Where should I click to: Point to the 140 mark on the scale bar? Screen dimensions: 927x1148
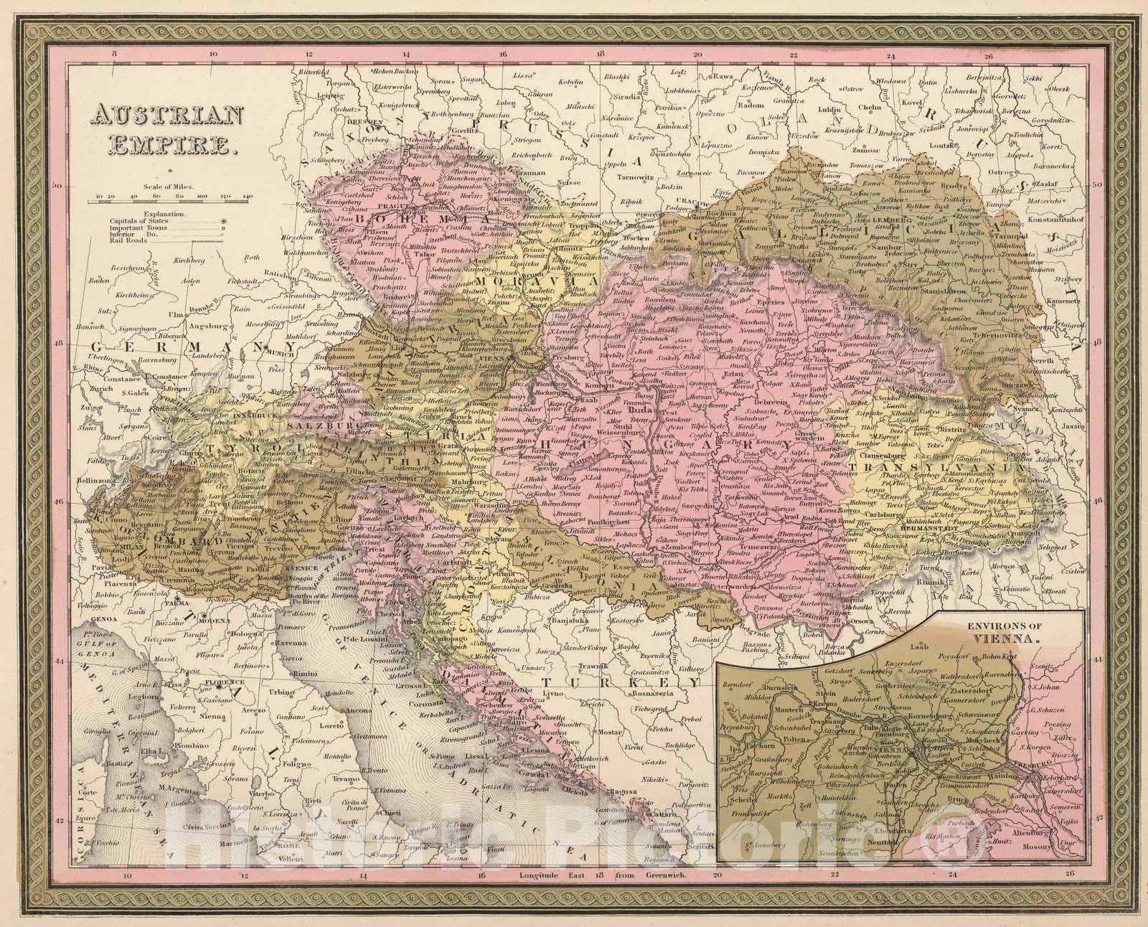(249, 195)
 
